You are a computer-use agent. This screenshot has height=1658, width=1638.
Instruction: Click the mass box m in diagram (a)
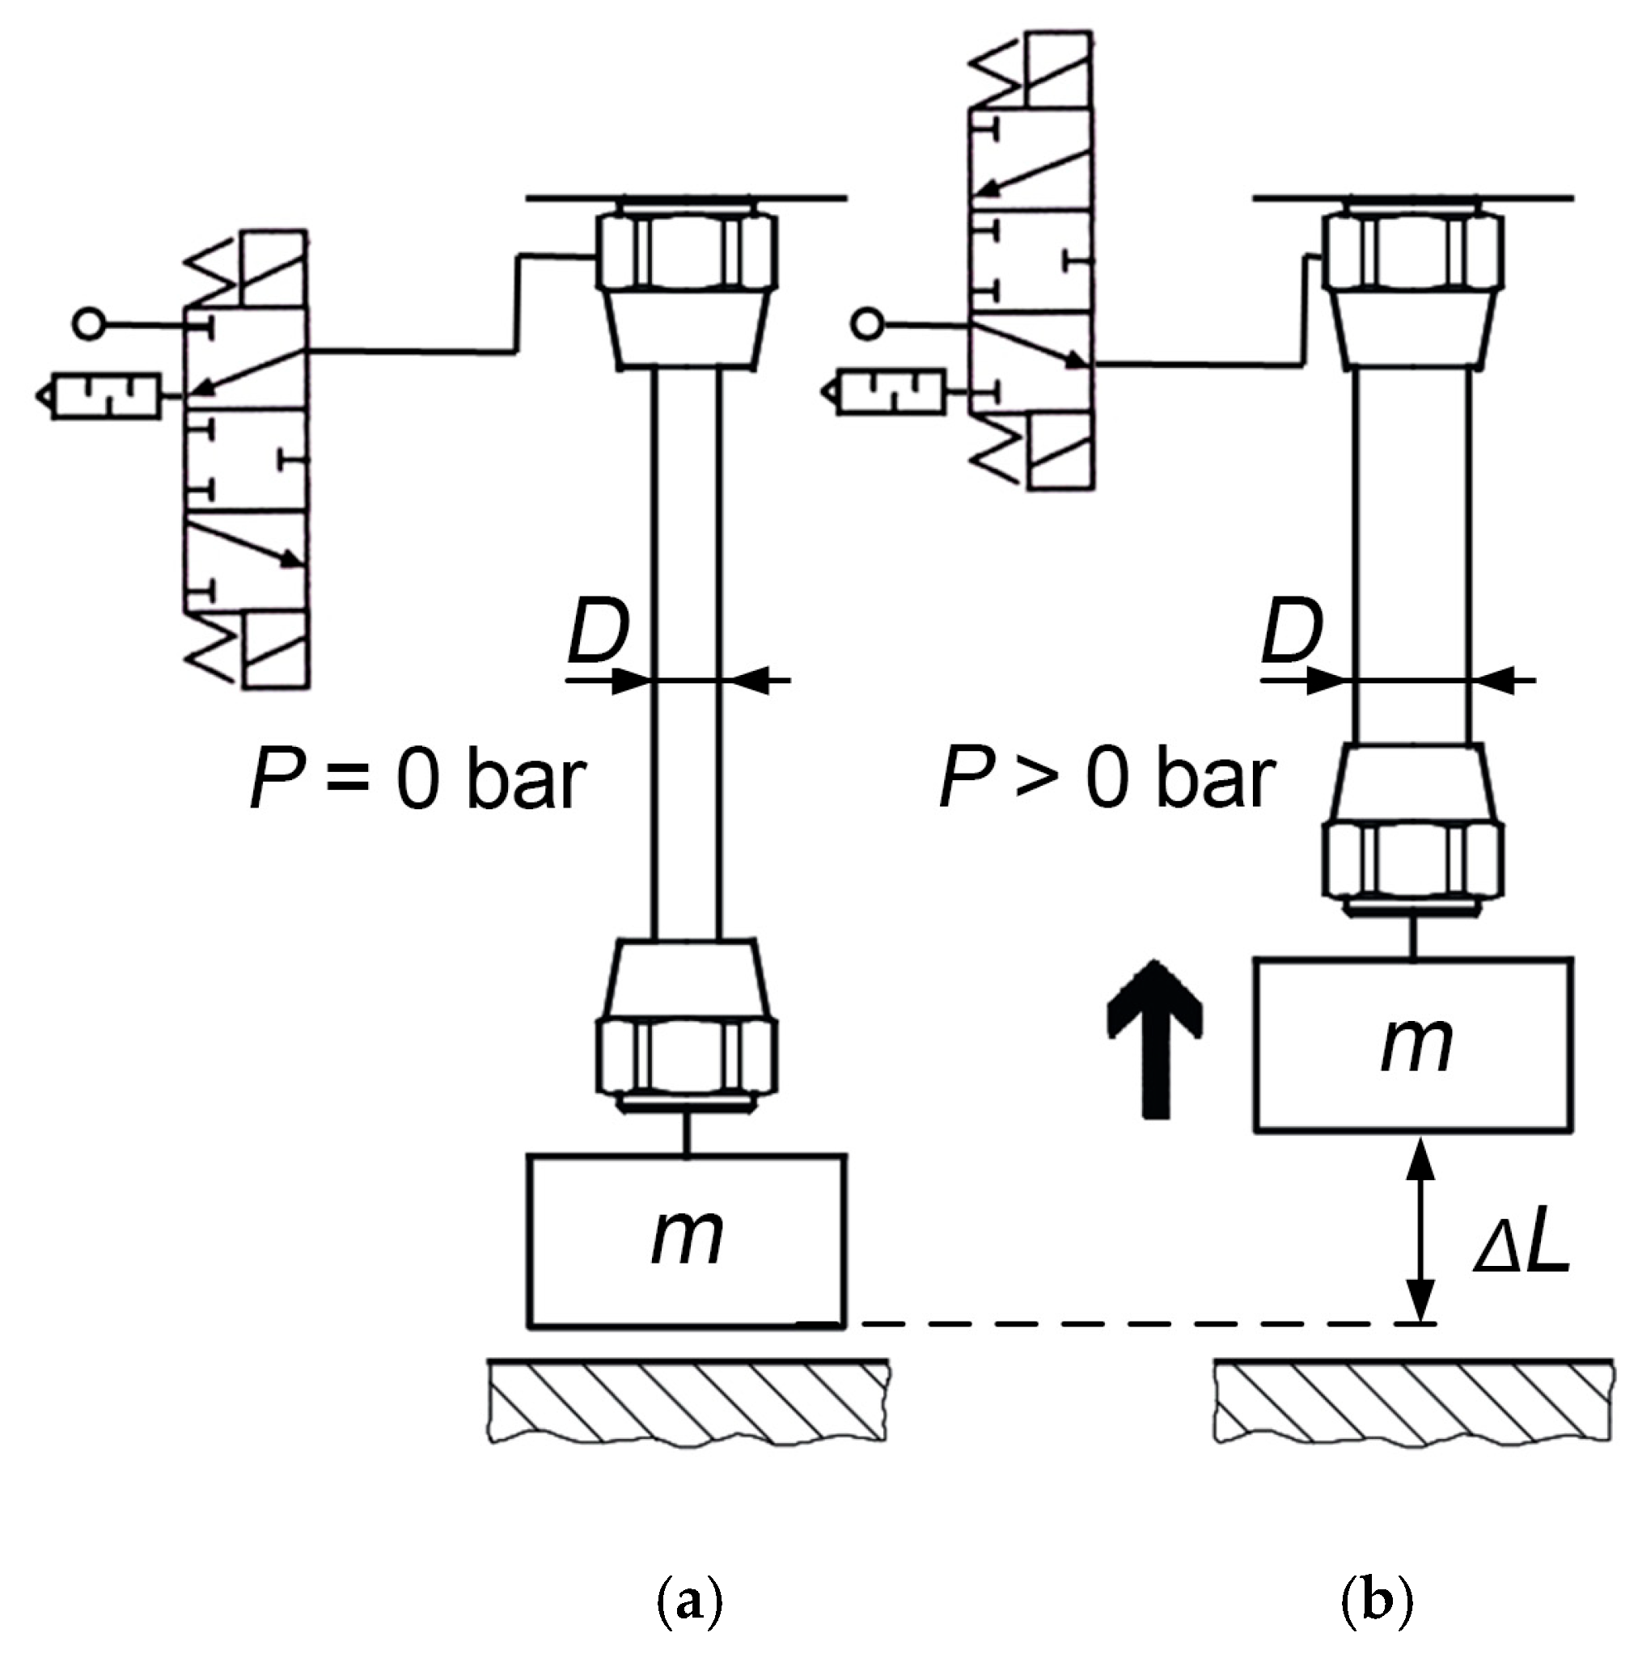point(686,1240)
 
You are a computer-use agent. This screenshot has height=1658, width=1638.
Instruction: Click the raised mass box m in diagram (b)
point(1413,1044)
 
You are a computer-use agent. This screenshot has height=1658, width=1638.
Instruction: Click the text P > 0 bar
point(1107,778)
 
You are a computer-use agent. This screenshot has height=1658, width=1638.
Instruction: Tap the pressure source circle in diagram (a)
point(88,324)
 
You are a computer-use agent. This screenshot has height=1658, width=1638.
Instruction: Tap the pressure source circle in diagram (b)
point(868,324)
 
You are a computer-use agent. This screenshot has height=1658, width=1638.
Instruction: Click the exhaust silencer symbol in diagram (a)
point(103,395)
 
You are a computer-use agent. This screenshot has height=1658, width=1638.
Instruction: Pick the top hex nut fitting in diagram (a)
point(687,251)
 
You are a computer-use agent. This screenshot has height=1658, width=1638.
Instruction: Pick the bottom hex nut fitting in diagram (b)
point(1413,860)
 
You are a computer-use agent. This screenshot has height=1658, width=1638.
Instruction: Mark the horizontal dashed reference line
point(1116,1324)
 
